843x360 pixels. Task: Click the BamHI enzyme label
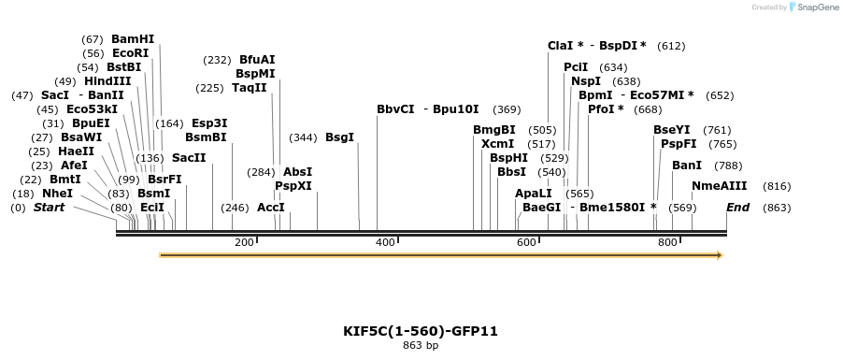133,39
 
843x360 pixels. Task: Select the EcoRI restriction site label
130,53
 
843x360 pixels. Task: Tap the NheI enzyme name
84,194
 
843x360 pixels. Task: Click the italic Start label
49,208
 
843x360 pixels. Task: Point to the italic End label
738,208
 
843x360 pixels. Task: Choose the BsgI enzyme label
339,137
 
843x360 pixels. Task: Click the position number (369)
507,109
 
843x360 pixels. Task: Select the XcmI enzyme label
497,144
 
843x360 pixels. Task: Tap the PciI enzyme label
576,67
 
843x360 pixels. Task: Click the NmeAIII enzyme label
722,186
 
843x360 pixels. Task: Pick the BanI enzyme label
687,166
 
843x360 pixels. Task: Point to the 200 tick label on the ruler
244,243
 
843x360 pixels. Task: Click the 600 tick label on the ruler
526,243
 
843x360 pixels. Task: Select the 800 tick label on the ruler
667,243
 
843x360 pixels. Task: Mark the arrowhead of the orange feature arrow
719,254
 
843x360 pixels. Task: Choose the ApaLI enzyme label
533,194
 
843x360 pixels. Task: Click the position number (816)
777,186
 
